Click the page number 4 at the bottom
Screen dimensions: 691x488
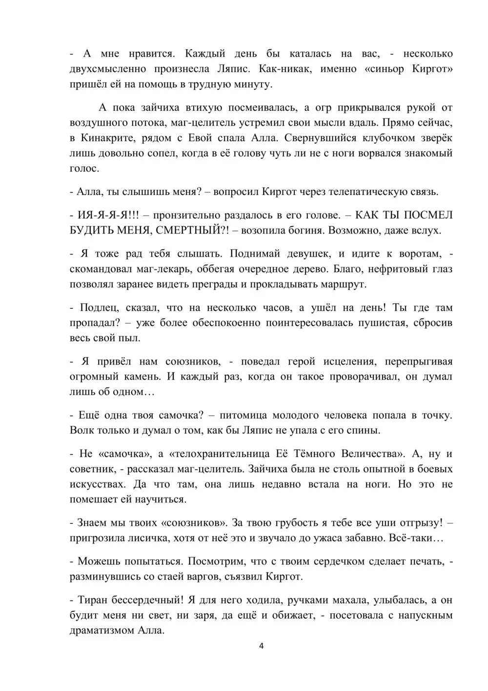(x=261, y=647)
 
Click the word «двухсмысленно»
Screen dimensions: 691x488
(x=104, y=68)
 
